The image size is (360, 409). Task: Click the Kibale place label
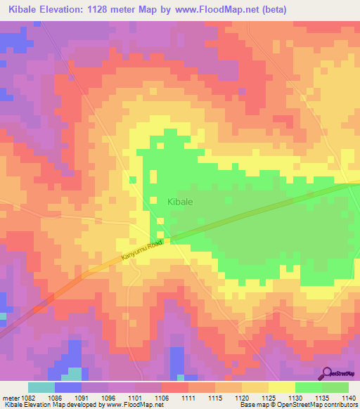click(180, 201)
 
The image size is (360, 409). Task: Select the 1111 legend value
click(188, 396)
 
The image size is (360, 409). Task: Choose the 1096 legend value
click(108, 396)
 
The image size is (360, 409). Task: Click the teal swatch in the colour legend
click(41, 387)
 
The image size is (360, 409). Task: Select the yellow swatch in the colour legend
click(281, 387)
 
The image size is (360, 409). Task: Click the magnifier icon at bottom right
click(328, 373)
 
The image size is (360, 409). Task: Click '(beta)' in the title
click(271, 9)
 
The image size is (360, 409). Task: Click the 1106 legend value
click(161, 396)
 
